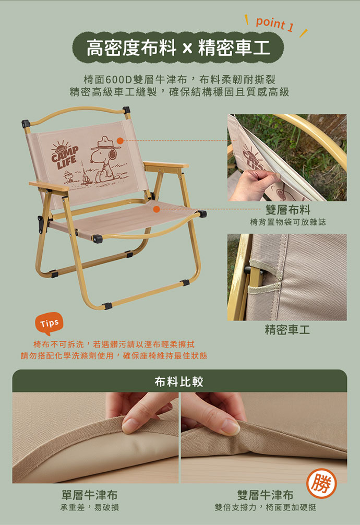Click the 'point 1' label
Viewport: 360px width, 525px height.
pyautogui.click(x=274, y=24)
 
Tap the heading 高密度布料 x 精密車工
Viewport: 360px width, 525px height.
pyautogui.click(x=178, y=47)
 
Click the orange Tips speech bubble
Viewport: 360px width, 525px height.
pyautogui.click(x=49, y=324)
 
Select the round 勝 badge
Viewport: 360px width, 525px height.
pyautogui.click(x=321, y=483)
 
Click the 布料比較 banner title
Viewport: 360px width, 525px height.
pyautogui.click(x=179, y=381)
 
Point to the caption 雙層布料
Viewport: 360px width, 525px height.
pyautogui.click(x=287, y=210)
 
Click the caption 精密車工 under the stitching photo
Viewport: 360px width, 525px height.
pyautogui.click(x=287, y=330)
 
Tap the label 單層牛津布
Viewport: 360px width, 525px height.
pyautogui.click(x=89, y=495)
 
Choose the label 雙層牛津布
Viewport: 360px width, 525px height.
pyautogui.click(x=265, y=495)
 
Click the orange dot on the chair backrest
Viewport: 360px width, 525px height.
pyautogui.click(x=120, y=140)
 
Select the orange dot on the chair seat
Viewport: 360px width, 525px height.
pyautogui.click(x=156, y=209)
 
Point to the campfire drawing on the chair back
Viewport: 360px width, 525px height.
pyautogui.click(x=85, y=179)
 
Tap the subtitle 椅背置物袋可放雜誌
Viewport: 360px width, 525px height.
pyautogui.click(x=287, y=222)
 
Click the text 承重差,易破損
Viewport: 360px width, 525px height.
pyautogui.click(x=89, y=507)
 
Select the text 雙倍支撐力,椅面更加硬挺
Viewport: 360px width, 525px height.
pyautogui.click(x=265, y=507)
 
